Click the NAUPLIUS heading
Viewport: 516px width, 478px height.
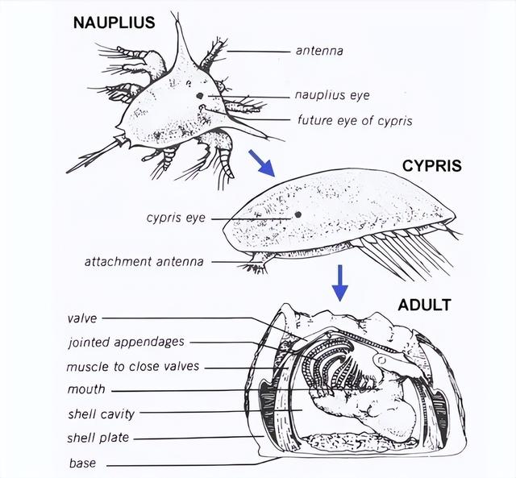coord(114,23)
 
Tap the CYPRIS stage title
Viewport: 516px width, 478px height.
coord(432,166)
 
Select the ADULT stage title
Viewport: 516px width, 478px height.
coord(424,305)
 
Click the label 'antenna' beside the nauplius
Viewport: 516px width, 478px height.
coord(319,51)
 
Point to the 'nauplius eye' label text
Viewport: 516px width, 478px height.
coord(332,95)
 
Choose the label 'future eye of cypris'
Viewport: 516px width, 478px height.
coord(355,120)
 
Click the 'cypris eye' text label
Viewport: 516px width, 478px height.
coord(176,218)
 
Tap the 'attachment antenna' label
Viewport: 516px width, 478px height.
coord(144,262)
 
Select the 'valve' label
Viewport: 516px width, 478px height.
coord(82,318)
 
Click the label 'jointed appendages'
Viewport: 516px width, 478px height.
coord(127,342)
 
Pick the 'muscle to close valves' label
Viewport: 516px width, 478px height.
coord(133,367)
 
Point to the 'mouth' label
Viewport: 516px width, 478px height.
coord(86,389)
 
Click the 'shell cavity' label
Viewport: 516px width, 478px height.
coord(102,414)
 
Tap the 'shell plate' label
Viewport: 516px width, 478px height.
coord(98,438)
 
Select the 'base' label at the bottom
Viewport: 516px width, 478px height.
coord(82,463)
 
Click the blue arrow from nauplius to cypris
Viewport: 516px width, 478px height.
coord(261,164)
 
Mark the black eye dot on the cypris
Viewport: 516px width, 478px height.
coord(298,215)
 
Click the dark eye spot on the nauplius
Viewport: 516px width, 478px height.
coord(199,96)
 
